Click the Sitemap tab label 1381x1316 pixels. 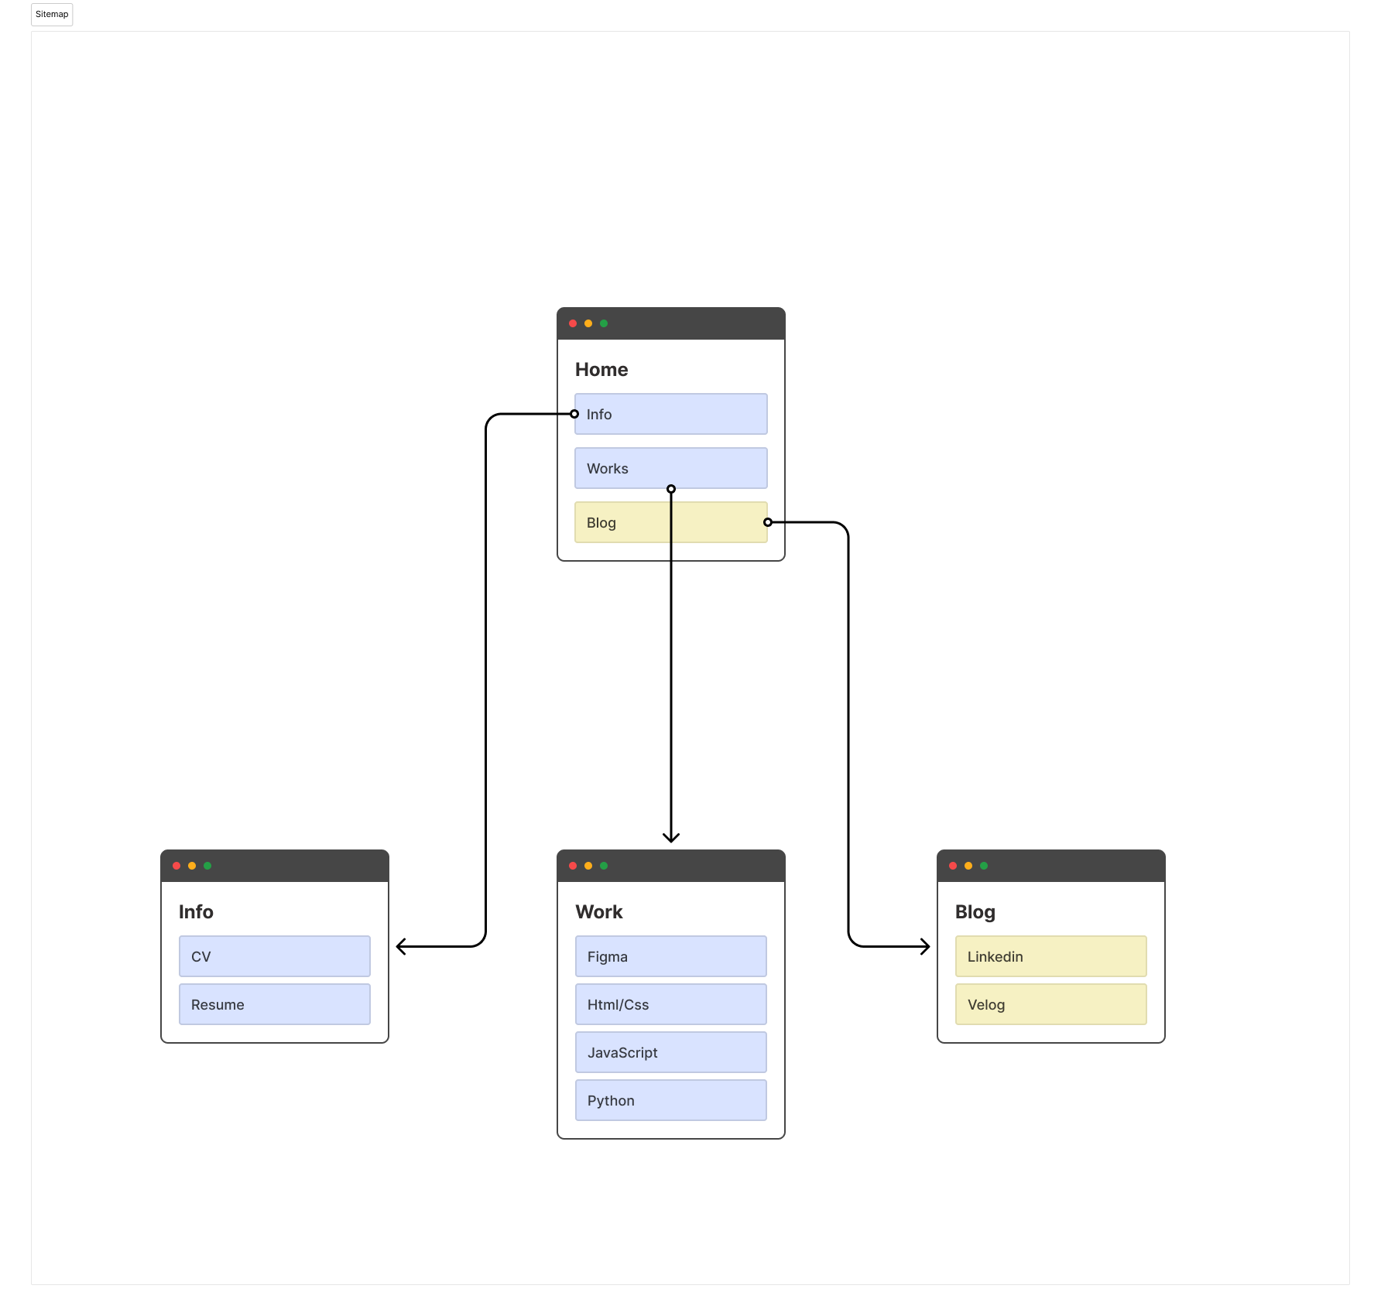52,15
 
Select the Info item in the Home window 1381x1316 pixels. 670,414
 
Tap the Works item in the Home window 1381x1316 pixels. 670,468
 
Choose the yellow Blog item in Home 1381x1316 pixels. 670,522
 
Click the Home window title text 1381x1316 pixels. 601,370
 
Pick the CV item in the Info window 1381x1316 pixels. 274,956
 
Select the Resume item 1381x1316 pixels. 274,1004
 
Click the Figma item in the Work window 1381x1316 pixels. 670,956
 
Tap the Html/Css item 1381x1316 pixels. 670,1004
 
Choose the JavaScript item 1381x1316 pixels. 670,1052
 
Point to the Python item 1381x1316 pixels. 670,1100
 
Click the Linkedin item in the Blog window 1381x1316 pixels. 1050,956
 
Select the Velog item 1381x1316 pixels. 1050,1004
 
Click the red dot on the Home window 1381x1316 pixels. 573,323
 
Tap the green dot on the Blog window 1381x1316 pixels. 984,866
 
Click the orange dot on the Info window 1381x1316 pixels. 192,866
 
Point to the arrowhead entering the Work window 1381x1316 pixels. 671,838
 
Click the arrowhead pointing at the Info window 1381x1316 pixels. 400,946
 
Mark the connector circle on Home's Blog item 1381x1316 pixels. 768,522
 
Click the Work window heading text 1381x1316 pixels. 599,912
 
